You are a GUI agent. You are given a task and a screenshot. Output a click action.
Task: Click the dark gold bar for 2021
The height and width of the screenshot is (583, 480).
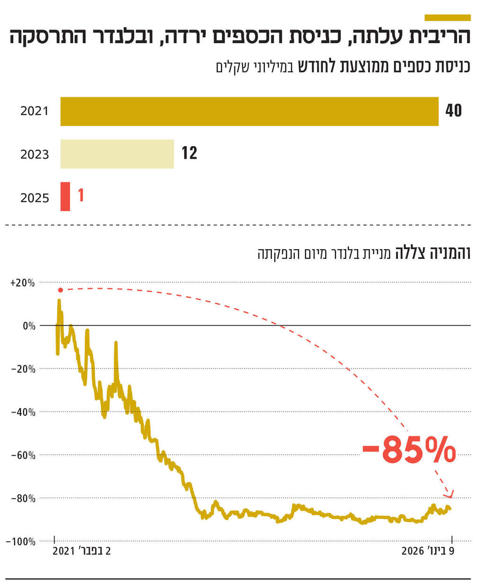249,111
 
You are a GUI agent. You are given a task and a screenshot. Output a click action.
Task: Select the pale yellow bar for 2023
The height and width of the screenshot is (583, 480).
117,154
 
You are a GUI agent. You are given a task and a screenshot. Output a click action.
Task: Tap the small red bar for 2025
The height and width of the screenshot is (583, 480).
65,197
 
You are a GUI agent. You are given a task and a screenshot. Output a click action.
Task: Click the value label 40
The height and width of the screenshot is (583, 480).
453,111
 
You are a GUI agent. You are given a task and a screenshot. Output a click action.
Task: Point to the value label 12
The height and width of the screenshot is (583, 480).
189,153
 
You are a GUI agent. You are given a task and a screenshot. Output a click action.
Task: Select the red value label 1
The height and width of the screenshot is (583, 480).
81,195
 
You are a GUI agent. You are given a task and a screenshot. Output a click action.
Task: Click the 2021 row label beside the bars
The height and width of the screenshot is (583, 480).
35,111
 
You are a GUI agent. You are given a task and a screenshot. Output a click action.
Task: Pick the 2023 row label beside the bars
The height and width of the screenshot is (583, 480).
35,155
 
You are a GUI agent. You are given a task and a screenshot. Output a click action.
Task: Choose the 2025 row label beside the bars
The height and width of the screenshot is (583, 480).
35,198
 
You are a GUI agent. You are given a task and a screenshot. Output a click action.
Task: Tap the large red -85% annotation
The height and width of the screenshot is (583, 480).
409,450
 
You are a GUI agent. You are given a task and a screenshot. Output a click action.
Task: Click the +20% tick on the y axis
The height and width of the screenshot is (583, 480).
22,283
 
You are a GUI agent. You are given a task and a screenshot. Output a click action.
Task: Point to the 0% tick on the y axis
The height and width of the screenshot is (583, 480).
29,326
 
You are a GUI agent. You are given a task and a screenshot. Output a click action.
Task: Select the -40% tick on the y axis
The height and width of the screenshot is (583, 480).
23,413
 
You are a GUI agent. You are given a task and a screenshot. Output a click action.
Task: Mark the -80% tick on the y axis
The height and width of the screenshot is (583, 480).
23,499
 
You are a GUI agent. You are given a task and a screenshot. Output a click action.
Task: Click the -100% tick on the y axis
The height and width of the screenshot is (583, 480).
21,542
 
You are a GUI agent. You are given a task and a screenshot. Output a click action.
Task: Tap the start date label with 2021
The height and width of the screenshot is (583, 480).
82,551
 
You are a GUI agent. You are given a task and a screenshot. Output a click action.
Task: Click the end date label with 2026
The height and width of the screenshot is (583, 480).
427,551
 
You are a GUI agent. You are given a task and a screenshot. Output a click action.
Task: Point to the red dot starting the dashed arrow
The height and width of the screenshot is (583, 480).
60,290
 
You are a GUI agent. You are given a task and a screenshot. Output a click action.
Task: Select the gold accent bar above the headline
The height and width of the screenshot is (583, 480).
447,18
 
